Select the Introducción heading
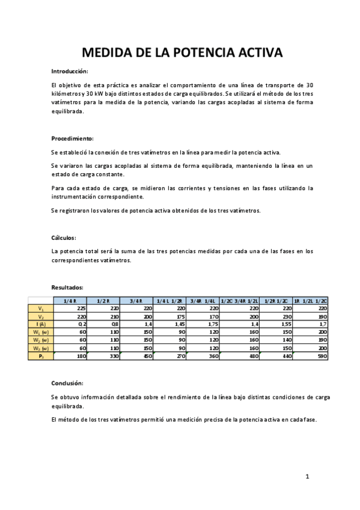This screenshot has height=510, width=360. (x=70, y=71)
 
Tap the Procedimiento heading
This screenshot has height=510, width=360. (x=72, y=138)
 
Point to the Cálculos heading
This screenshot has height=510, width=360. (x=64, y=237)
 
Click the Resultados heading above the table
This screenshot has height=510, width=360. (x=67, y=287)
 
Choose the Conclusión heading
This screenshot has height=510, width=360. (x=67, y=382)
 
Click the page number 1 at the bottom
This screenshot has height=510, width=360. (x=307, y=477)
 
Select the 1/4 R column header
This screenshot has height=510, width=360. (x=70, y=300)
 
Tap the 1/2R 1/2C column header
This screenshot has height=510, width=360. (x=276, y=300)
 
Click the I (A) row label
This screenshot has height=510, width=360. (x=41, y=324)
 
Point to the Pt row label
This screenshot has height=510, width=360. (x=41, y=356)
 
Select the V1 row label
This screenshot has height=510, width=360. (x=41, y=308)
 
